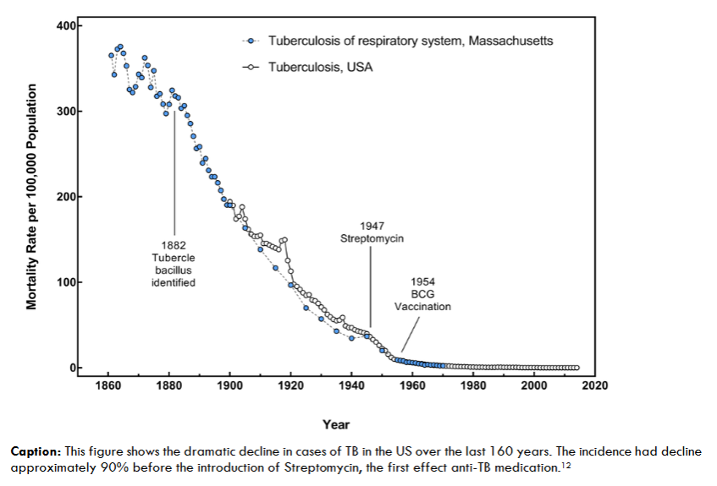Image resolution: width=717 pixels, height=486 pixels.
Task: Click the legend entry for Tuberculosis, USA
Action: click(320, 66)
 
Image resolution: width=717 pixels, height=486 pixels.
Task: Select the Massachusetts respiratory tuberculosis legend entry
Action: click(411, 40)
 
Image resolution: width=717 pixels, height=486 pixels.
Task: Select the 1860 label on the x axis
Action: click(108, 386)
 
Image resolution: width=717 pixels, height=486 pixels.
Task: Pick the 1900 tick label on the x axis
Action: click(230, 386)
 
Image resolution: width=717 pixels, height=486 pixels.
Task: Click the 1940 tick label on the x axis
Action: click(351, 386)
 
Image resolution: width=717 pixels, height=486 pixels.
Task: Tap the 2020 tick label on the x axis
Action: click(595, 386)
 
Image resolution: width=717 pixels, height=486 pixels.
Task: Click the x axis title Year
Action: click(335, 424)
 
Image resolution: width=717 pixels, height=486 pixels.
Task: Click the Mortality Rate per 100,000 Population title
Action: click(31, 197)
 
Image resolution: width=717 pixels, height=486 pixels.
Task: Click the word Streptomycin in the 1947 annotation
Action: click(372, 239)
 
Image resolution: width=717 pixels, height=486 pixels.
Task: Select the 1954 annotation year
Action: click(422, 281)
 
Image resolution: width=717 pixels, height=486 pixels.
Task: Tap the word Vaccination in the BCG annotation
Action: click(422, 307)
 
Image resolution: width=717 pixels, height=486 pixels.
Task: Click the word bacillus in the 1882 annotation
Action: click(174, 270)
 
